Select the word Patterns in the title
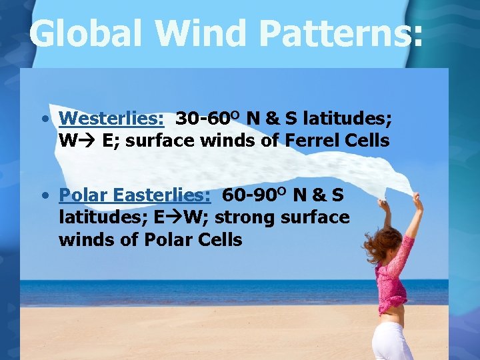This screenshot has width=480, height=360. (345, 33)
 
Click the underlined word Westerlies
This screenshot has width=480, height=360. (111, 119)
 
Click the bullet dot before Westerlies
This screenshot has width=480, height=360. (43, 119)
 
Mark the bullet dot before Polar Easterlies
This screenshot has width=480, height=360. (43, 196)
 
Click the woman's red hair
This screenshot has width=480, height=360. (379, 244)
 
